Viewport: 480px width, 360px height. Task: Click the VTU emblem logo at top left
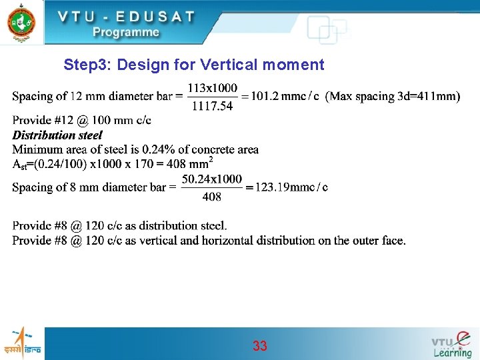(x=21, y=22)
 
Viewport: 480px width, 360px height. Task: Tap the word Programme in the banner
(x=125, y=32)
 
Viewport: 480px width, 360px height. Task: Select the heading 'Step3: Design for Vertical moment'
(x=193, y=65)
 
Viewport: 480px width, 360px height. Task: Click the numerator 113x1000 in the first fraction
(x=212, y=88)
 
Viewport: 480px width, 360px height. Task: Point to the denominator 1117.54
(x=212, y=105)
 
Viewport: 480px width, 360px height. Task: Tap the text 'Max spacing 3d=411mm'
(x=393, y=97)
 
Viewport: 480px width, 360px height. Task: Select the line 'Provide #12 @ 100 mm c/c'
(x=82, y=121)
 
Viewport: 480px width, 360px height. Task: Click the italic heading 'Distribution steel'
(x=57, y=135)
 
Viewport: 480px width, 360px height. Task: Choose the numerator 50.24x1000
(x=211, y=179)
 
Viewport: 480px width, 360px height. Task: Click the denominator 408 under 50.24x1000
(x=211, y=197)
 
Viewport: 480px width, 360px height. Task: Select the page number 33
(x=260, y=346)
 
